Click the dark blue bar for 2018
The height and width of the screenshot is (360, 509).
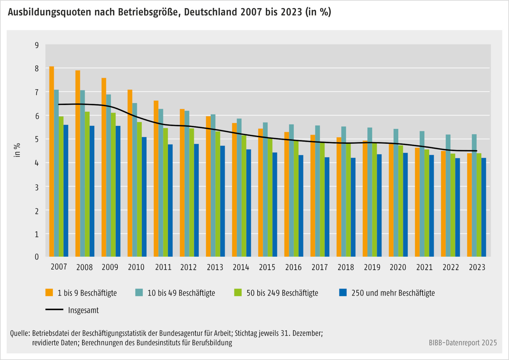click(x=353, y=207)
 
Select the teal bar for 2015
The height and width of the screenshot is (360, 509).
click(x=265, y=189)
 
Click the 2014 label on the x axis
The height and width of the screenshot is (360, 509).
click(x=241, y=267)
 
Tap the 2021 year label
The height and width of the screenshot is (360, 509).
click(x=424, y=267)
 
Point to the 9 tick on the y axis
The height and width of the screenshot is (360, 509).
click(x=37, y=45)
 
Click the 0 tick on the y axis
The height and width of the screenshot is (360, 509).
click(x=37, y=257)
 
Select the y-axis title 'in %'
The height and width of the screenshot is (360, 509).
click(x=17, y=150)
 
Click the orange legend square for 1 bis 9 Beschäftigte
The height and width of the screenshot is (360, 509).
click(x=49, y=293)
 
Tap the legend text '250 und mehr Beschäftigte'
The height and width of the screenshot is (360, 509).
click(x=393, y=293)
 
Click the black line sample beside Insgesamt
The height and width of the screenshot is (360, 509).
click(x=54, y=309)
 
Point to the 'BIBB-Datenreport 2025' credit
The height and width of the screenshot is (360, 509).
click(x=463, y=343)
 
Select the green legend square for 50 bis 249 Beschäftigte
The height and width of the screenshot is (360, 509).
click(x=238, y=293)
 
